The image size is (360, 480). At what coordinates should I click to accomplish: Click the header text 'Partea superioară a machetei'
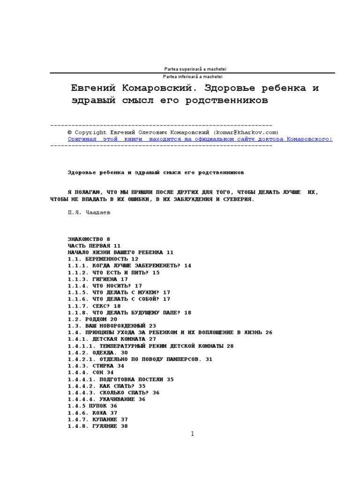(192, 69)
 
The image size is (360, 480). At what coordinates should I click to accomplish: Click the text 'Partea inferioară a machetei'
(192, 76)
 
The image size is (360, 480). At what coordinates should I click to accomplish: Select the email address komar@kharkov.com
(247, 133)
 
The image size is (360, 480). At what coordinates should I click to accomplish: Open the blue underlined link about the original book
(200, 139)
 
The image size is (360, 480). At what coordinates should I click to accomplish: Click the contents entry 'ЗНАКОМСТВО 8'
(89, 239)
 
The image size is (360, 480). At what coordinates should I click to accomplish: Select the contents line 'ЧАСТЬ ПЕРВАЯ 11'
(94, 246)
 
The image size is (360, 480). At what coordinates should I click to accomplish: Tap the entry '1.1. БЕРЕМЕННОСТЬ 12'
(103, 259)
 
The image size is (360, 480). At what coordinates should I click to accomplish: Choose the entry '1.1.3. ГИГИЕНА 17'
(98, 279)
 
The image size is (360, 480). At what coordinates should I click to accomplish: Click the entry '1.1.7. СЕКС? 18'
(94, 306)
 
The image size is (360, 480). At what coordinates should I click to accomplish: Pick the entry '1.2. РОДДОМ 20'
(92, 319)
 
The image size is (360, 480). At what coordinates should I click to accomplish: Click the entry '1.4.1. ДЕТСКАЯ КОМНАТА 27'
(112, 339)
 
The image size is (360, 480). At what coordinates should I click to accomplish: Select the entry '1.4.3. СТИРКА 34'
(96, 366)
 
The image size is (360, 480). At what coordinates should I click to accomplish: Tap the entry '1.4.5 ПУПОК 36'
(92, 406)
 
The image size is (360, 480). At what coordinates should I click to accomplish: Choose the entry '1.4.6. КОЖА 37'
(92, 412)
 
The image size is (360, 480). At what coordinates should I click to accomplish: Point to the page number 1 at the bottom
(192, 435)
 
